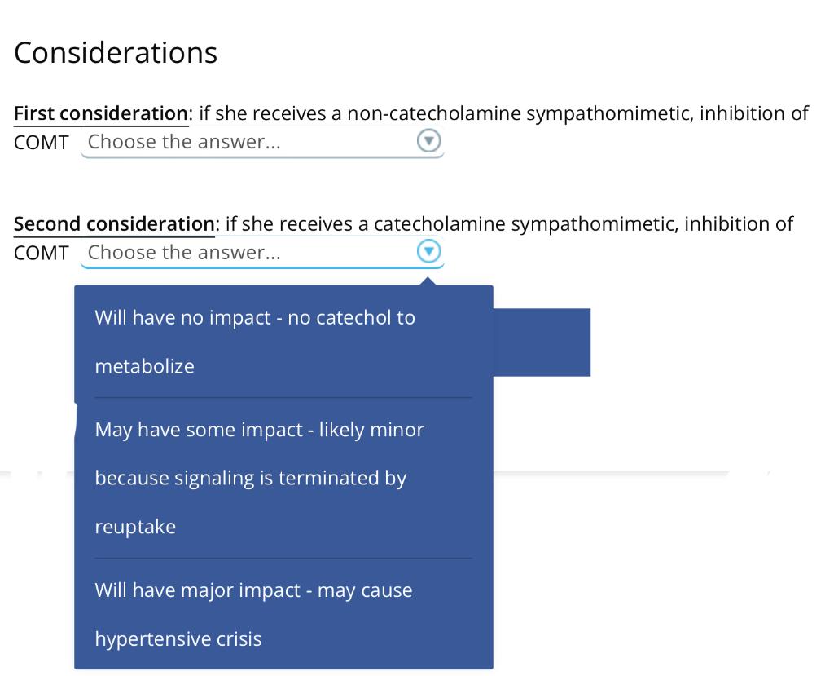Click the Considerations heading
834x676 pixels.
click(116, 53)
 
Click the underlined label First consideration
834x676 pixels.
click(100, 113)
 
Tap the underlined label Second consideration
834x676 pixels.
click(114, 224)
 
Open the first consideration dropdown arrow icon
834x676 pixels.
click(428, 141)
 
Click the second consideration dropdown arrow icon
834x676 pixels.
click(428, 252)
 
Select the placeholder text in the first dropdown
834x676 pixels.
click(184, 142)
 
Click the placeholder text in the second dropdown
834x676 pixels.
click(184, 253)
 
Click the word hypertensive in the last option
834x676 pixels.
click(143, 638)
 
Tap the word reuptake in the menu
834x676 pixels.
click(135, 527)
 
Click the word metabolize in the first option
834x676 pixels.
click(144, 367)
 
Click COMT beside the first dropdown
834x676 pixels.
click(41, 142)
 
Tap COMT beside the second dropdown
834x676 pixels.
click(41, 253)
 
